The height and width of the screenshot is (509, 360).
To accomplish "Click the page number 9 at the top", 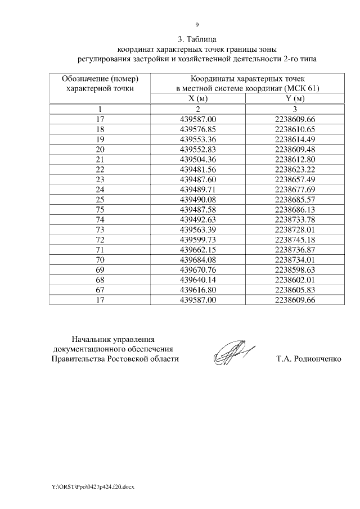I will [197, 24].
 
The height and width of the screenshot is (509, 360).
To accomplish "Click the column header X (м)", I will [197, 99].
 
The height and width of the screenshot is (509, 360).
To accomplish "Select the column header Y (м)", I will [295, 99].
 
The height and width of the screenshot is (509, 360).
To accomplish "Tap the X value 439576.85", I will [197, 129].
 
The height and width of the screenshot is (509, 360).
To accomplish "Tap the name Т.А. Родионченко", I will [309, 359].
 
